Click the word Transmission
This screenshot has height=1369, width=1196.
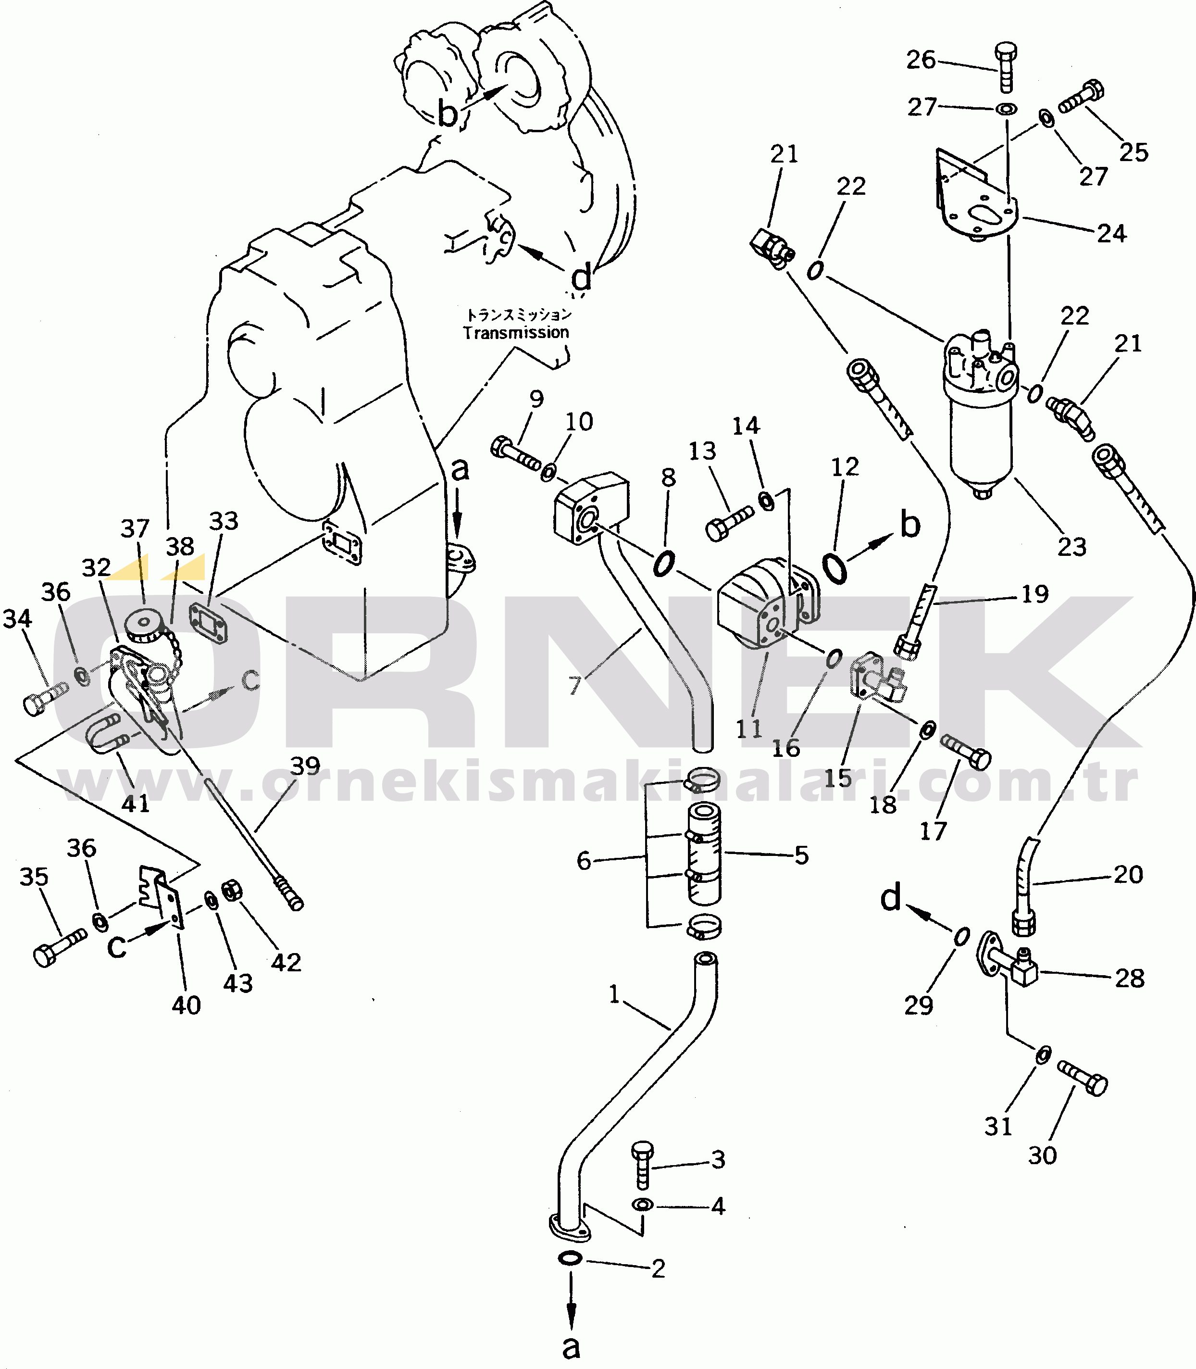coord(516,332)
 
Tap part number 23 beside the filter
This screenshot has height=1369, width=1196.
coord(1072,547)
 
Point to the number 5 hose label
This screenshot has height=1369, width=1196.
coord(801,855)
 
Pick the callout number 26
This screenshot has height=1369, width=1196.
coord(921,60)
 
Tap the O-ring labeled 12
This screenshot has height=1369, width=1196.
coord(834,567)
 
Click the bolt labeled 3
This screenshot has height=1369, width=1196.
coord(643,1164)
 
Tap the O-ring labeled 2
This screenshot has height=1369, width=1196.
coord(569,1258)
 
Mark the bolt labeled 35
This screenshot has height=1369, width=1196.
coord(58,948)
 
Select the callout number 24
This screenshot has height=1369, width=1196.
coord(1111,234)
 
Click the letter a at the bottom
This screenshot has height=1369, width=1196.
coord(571,1347)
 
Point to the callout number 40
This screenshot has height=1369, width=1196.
coord(186,1005)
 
